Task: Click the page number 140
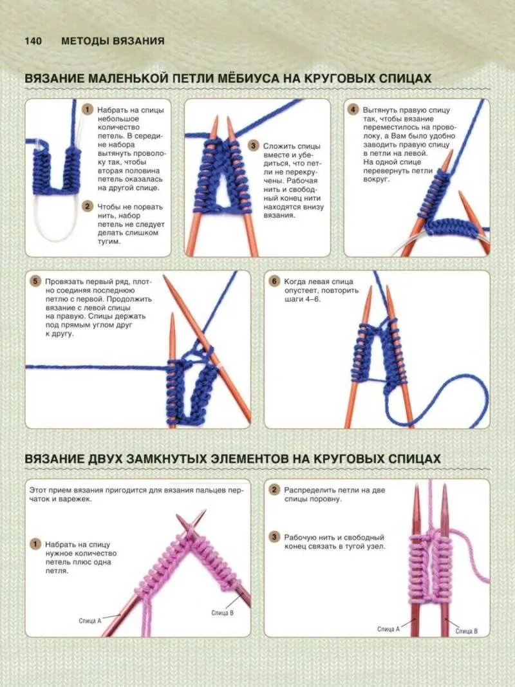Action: [x=33, y=41]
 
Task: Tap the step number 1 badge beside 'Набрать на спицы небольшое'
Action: [x=88, y=109]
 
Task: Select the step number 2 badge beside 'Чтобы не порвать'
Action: [x=88, y=207]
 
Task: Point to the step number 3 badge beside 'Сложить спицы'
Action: [x=254, y=146]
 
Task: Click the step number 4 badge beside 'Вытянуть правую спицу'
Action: [x=353, y=109]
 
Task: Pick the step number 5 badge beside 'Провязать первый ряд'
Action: [x=35, y=281]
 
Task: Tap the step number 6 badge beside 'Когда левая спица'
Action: [x=275, y=281]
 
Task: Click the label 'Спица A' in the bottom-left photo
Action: [x=89, y=621]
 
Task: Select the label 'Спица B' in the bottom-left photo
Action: [x=223, y=612]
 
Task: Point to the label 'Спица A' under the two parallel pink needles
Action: [x=388, y=629]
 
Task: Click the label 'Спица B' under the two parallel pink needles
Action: [x=466, y=631]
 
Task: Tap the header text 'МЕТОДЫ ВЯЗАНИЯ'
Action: [x=113, y=41]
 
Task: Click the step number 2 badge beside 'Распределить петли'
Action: [x=275, y=490]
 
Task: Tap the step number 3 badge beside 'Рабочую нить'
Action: [x=275, y=537]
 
